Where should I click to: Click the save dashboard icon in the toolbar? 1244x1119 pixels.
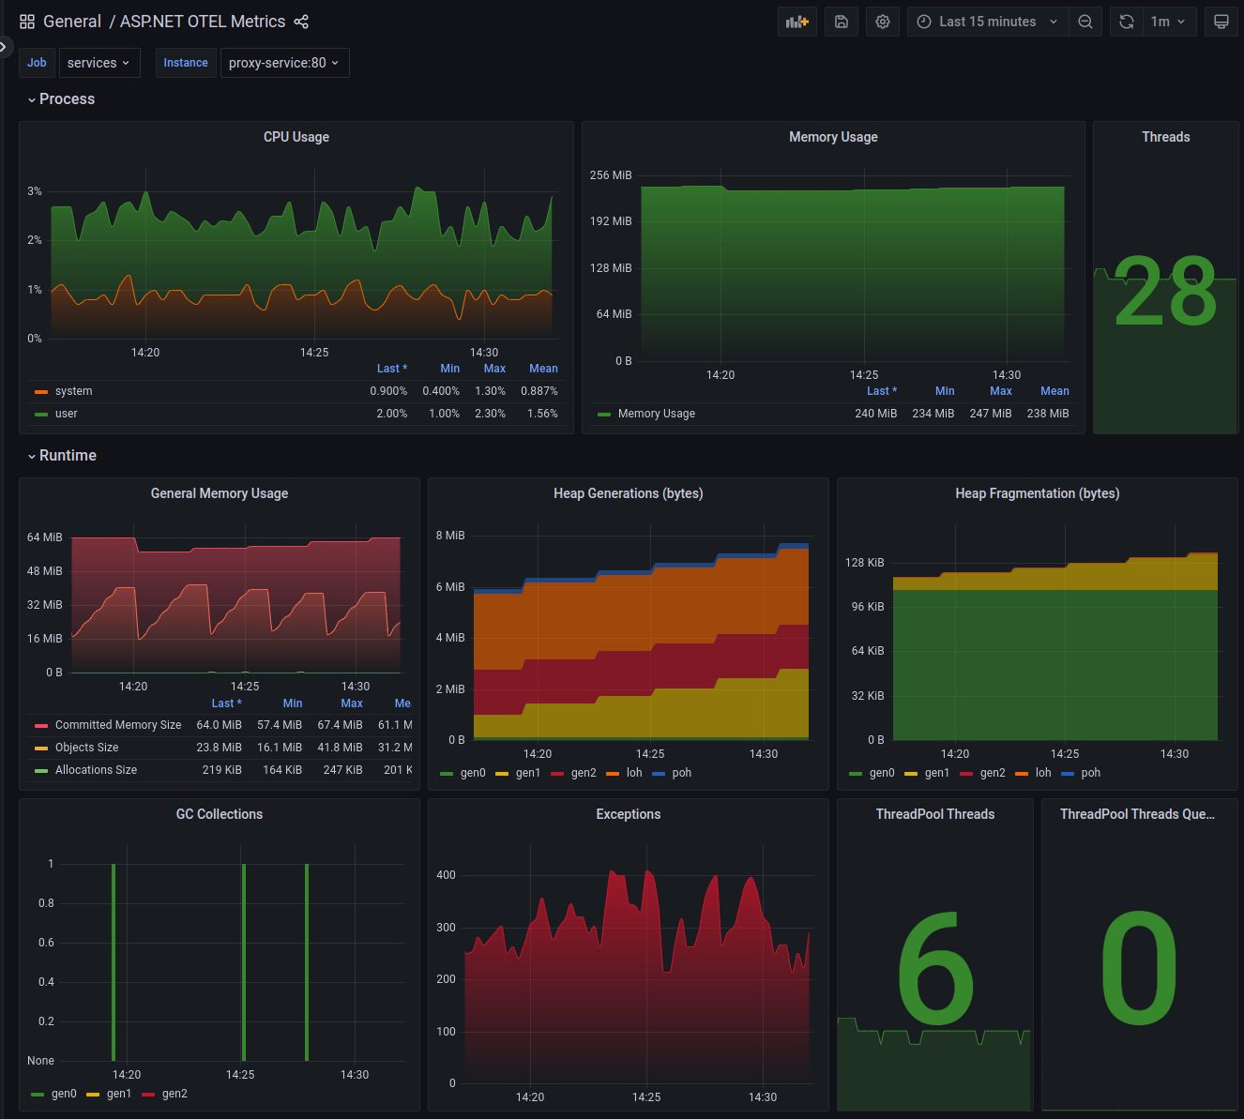pyautogui.click(x=842, y=22)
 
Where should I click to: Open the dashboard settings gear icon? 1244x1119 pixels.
pyautogui.click(x=883, y=22)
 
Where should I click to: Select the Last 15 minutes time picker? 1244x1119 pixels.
pyautogui.click(x=988, y=22)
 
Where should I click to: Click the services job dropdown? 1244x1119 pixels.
pyautogui.click(x=99, y=63)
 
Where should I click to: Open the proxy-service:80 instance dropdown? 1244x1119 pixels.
pyautogui.click(x=284, y=63)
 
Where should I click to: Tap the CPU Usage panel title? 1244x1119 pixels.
pyautogui.click(x=296, y=137)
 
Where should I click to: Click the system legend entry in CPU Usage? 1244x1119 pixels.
pyautogui.click(x=73, y=391)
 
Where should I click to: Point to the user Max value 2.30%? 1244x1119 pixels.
pyautogui.click(x=490, y=414)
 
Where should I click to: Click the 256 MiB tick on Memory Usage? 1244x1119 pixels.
pyautogui.click(x=611, y=175)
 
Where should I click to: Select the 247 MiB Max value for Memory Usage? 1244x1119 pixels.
pyautogui.click(x=991, y=414)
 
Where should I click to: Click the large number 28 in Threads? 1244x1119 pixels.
pyautogui.click(x=1165, y=294)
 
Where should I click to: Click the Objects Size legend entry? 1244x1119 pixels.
pyautogui.click(x=86, y=748)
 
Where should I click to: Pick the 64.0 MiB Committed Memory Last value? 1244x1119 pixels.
pyautogui.click(x=219, y=725)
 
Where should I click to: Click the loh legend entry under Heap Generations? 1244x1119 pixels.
pyautogui.click(x=633, y=773)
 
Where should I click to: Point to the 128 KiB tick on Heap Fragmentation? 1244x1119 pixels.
pyautogui.click(x=864, y=563)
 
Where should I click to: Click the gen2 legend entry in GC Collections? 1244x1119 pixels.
pyautogui.click(x=174, y=1094)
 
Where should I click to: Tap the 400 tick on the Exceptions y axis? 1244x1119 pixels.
pyautogui.click(x=446, y=875)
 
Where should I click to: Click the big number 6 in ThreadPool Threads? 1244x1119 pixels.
pyautogui.click(x=934, y=970)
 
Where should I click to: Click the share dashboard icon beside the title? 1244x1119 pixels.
pyautogui.click(x=301, y=22)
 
